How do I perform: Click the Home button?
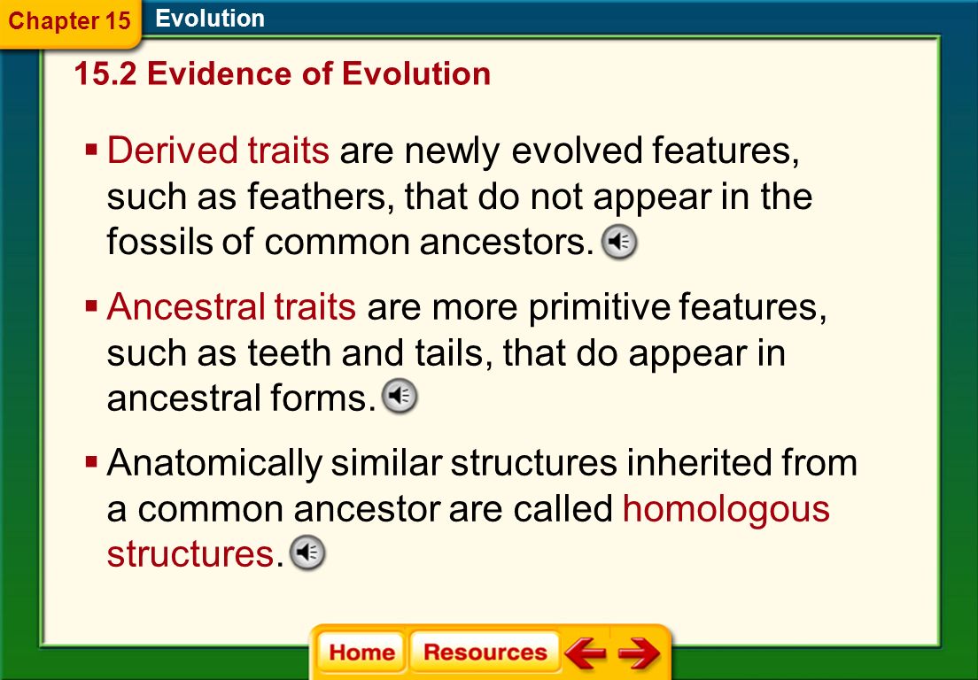point(361,652)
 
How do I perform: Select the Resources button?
point(485,652)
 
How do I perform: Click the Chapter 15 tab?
point(70,21)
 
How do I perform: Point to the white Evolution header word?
point(210,18)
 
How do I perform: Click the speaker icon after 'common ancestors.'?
point(618,242)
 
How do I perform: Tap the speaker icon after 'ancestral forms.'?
point(400,396)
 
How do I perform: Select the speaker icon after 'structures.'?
point(307,552)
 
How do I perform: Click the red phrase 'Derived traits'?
point(218,151)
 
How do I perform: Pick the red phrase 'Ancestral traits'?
point(231,306)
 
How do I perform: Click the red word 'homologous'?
point(726,508)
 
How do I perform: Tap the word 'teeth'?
point(290,352)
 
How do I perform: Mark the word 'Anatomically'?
point(214,464)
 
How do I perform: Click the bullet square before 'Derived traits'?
point(92,151)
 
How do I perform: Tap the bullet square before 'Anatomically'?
point(92,462)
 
